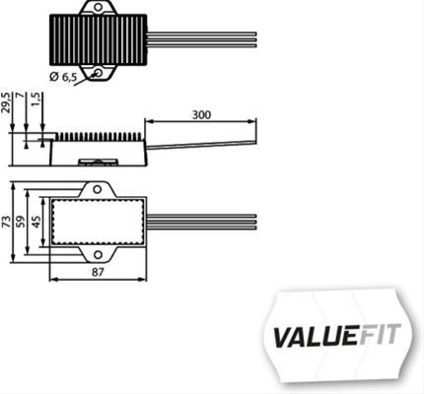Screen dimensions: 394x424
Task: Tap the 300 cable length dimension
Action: tap(201, 115)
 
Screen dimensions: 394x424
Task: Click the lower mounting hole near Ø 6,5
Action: tap(98, 72)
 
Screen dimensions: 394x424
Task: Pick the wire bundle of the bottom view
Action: tap(202, 223)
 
